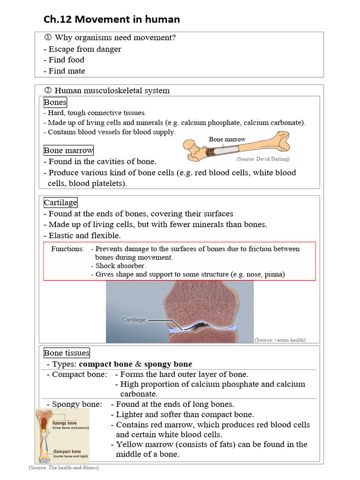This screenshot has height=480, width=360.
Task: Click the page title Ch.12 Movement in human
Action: [112, 19]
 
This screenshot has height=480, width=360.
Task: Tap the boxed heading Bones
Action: [55, 102]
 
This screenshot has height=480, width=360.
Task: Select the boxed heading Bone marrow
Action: [68, 150]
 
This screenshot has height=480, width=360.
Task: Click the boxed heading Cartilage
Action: [60, 202]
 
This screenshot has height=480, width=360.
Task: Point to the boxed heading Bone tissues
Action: [67, 353]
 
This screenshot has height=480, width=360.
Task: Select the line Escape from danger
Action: [84, 49]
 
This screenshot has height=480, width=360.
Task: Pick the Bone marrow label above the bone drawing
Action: [227, 139]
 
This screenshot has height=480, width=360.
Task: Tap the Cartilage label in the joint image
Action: [134, 320]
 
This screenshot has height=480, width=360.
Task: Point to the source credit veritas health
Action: [280, 340]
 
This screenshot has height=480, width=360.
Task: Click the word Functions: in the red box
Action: [67, 249]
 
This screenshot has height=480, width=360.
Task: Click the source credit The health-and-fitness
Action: [64, 468]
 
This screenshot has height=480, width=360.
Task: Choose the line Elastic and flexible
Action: [82, 236]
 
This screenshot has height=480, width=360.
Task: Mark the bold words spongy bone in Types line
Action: [168, 364]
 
